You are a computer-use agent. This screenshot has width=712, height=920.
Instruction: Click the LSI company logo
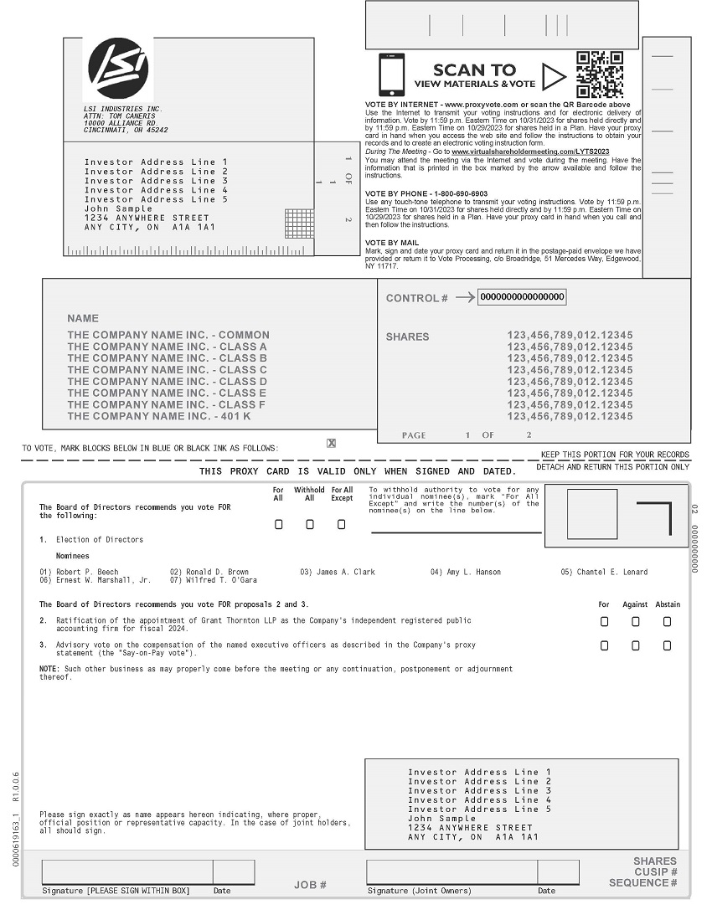119,68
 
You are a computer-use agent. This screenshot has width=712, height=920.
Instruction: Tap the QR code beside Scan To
600,75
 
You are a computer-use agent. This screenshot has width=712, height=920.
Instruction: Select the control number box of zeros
522,297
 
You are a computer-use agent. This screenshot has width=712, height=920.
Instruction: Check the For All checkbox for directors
279,525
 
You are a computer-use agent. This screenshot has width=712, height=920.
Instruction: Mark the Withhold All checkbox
310,525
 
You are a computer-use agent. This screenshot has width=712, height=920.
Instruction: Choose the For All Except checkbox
341,525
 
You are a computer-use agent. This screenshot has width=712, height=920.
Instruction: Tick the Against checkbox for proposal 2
636,622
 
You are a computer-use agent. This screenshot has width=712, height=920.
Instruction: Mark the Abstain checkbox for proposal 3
667,645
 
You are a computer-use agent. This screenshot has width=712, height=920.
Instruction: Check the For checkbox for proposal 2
605,622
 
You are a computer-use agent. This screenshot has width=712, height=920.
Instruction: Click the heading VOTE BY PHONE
426,193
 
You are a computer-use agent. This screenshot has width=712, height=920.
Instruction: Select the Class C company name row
168,370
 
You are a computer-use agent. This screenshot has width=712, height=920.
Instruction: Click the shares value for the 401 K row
570,416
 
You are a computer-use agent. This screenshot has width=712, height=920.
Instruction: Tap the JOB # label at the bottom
310,885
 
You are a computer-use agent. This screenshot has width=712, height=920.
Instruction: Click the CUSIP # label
656,872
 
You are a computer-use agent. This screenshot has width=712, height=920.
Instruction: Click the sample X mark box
332,444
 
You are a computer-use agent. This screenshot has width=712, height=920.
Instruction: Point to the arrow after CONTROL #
465,297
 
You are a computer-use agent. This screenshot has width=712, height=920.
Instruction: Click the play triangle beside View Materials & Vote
554,77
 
